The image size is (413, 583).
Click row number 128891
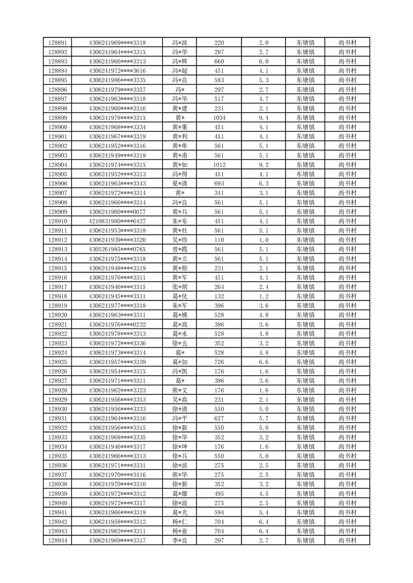point(57,43)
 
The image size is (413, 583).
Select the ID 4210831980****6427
point(117,221)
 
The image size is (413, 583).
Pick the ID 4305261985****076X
point(117,249)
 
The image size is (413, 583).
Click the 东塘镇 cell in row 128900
point(305,127)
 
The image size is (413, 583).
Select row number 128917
point(57,287)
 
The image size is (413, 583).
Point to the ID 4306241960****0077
point(117,212)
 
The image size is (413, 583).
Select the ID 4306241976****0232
point(117,325)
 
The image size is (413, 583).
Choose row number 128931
point(57,419)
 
